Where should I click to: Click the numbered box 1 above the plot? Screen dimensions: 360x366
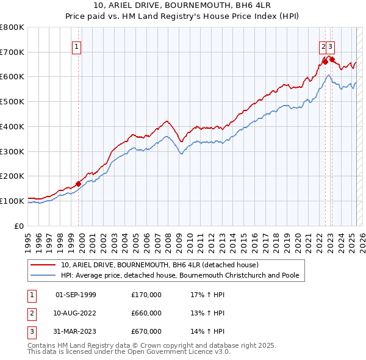tap(76, 46)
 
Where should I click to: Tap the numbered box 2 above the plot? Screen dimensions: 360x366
tap(323, 46)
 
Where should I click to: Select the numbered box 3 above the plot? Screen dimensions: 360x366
tap(330, 46)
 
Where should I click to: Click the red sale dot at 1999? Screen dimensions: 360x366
tap(78, 184)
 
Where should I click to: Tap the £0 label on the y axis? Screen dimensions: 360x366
tap(20, 226)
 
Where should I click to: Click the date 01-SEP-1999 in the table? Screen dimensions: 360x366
tap(76, 295)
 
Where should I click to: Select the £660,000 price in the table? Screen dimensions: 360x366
tap(146, 313)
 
